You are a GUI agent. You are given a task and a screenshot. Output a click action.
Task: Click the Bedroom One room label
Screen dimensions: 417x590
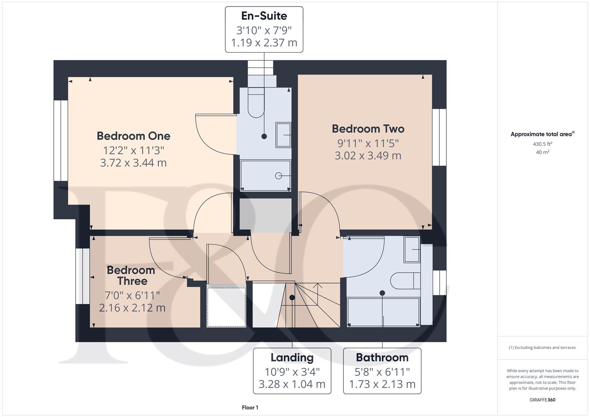(x=133, y=136)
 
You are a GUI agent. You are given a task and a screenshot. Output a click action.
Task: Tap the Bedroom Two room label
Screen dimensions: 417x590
(x=368, y=129)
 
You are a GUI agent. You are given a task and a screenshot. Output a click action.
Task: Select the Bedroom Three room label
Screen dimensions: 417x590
(x=131, y=275)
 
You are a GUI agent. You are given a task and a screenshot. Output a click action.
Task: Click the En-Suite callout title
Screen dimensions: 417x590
(x=264, y=16)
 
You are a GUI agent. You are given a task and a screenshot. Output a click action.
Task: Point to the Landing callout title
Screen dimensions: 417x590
(x=292, y=358)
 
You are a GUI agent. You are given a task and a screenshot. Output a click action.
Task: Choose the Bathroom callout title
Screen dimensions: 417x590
(x=382, y=358)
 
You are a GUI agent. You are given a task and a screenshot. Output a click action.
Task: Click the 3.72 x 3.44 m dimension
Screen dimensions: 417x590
(x=133, y=163)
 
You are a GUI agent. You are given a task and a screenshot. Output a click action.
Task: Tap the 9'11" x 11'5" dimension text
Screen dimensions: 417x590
(x=368, y=143)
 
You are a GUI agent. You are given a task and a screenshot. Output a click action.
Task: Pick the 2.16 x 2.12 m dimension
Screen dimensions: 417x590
(x=132, y=308)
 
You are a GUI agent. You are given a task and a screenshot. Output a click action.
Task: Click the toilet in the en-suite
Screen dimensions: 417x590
(x=255, y=103)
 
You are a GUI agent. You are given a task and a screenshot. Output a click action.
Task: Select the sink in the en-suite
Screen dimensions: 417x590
(x=283, y=135)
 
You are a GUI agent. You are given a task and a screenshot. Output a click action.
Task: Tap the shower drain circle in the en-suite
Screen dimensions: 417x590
(x=278, y=176)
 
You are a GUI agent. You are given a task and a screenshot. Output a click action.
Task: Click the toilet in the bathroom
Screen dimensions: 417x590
(x=405, y=281)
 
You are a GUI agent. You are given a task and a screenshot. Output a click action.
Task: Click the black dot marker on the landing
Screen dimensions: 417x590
(x=292, y=298)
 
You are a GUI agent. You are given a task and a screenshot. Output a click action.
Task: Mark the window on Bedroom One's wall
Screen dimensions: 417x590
(x=61, y=141)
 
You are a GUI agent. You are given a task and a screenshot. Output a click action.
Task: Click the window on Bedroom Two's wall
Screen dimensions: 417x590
(x=439, y=137)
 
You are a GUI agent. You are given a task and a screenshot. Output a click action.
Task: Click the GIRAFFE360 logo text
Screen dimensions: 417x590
(x=542, y=400)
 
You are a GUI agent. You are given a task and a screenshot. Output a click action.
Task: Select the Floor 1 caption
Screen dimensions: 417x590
(x=250, y=408)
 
